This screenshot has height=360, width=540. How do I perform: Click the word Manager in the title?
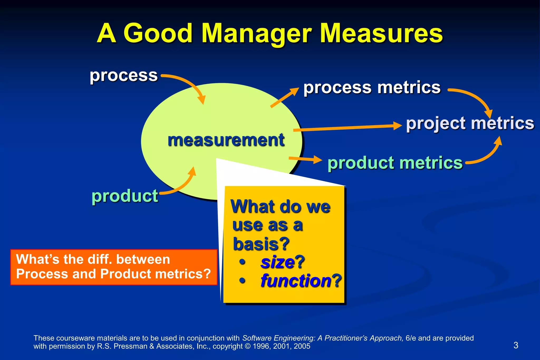click(257, 34)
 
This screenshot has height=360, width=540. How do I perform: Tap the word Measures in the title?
click(381, 34)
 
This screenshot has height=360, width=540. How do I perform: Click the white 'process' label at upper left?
click(124, 76)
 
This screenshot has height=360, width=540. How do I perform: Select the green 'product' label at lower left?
click(125, 196)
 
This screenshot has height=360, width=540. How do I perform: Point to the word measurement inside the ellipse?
click(226, 140)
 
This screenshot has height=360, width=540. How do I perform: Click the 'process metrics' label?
click(372, 87)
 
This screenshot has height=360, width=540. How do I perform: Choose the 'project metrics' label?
click(470, 123)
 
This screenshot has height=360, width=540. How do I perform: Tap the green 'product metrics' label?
click(395, 163)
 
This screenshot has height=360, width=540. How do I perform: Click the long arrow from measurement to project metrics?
click(348, 128)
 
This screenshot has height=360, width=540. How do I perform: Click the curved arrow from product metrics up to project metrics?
click(488, 156)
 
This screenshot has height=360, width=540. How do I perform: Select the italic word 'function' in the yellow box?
click(296, 281)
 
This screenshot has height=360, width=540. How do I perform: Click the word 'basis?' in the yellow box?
click(261, 244)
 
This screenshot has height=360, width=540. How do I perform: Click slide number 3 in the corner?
click(516, 345)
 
